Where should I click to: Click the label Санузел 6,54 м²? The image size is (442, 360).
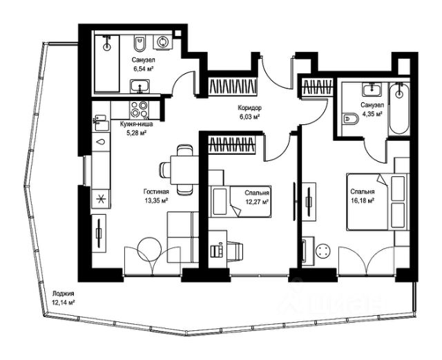point(145,64)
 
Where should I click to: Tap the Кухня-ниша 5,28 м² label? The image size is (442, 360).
point(136,128)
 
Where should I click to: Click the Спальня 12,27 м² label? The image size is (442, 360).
point(257,196)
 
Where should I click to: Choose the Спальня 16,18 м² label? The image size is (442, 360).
point(362,196)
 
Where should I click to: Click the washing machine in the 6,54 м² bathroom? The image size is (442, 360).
point(163,42)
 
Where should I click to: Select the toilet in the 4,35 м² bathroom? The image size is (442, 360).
point(352,120)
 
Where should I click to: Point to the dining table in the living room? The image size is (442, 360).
point(183,168)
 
